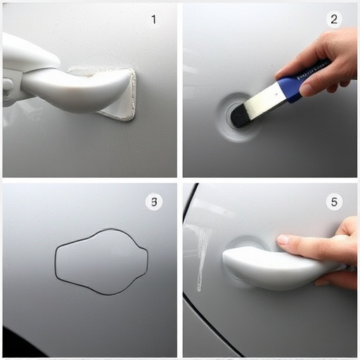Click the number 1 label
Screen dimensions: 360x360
[x=153, y=20]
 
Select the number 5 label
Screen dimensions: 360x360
[x=335, y=202]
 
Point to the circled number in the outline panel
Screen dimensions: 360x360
[x=154, y=202]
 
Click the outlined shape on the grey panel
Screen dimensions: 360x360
[x=102, y=262]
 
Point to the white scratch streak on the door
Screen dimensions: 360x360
[x=202, y=253]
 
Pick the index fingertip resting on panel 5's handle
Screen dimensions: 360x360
[x=283, y=240]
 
